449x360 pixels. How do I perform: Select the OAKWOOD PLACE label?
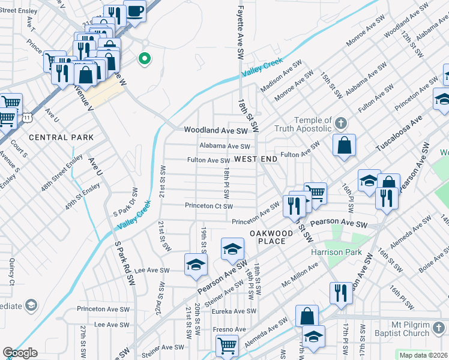click(x=271, y=237)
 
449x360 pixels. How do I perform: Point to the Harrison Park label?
click(x=336, y=252)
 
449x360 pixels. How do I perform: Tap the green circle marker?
click(x=144, y=59)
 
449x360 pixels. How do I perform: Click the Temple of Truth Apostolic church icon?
click(x=340, y=124)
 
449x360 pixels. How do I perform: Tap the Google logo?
click(x=20, y=353)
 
